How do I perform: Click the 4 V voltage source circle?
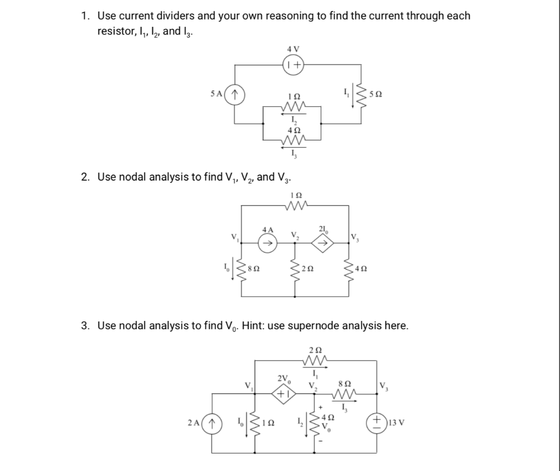click(x=294, y=65)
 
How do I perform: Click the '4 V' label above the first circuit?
click(x=294, y=49)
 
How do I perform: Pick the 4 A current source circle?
click(x=267, y=243)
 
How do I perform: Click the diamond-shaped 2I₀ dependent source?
click(x=323, y=243)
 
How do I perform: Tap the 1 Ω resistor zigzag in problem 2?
click(x=296, y=206)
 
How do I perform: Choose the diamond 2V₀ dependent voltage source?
click(x=284, y=392)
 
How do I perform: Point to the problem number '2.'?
click(x=85, y=177)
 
